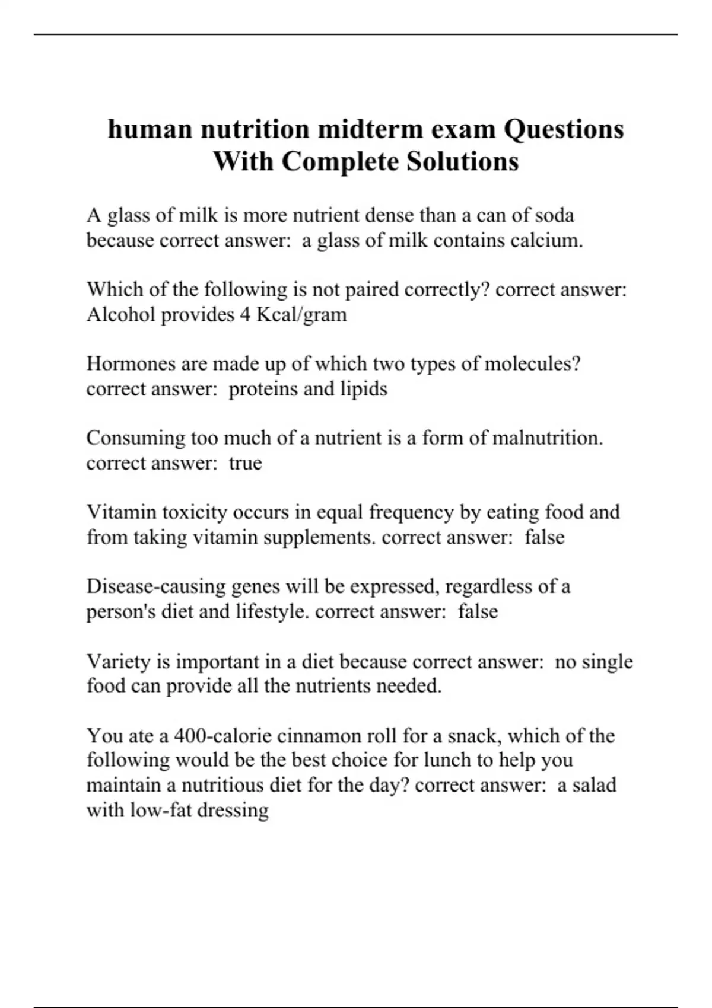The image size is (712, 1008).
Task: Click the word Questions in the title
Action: [564, 129]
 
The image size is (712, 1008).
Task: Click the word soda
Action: [554, 215]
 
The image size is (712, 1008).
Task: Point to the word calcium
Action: [546, 240]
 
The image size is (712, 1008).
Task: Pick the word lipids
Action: [364, 389]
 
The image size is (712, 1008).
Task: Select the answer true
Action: [245, 463]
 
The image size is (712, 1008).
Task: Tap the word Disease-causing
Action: [156, 586]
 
